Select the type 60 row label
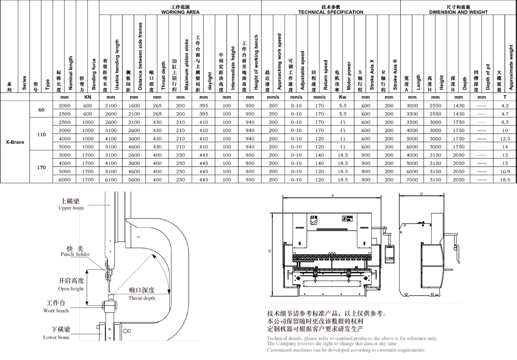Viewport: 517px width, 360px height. (41, 110)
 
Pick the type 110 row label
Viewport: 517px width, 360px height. (41, 134)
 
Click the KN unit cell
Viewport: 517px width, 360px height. (87, 98)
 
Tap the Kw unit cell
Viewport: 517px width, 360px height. (343, 98)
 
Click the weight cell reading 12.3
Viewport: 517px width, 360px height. (505, 138)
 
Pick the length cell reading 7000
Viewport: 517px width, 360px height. (412, 179)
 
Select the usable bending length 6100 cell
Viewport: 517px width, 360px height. (111, 179)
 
